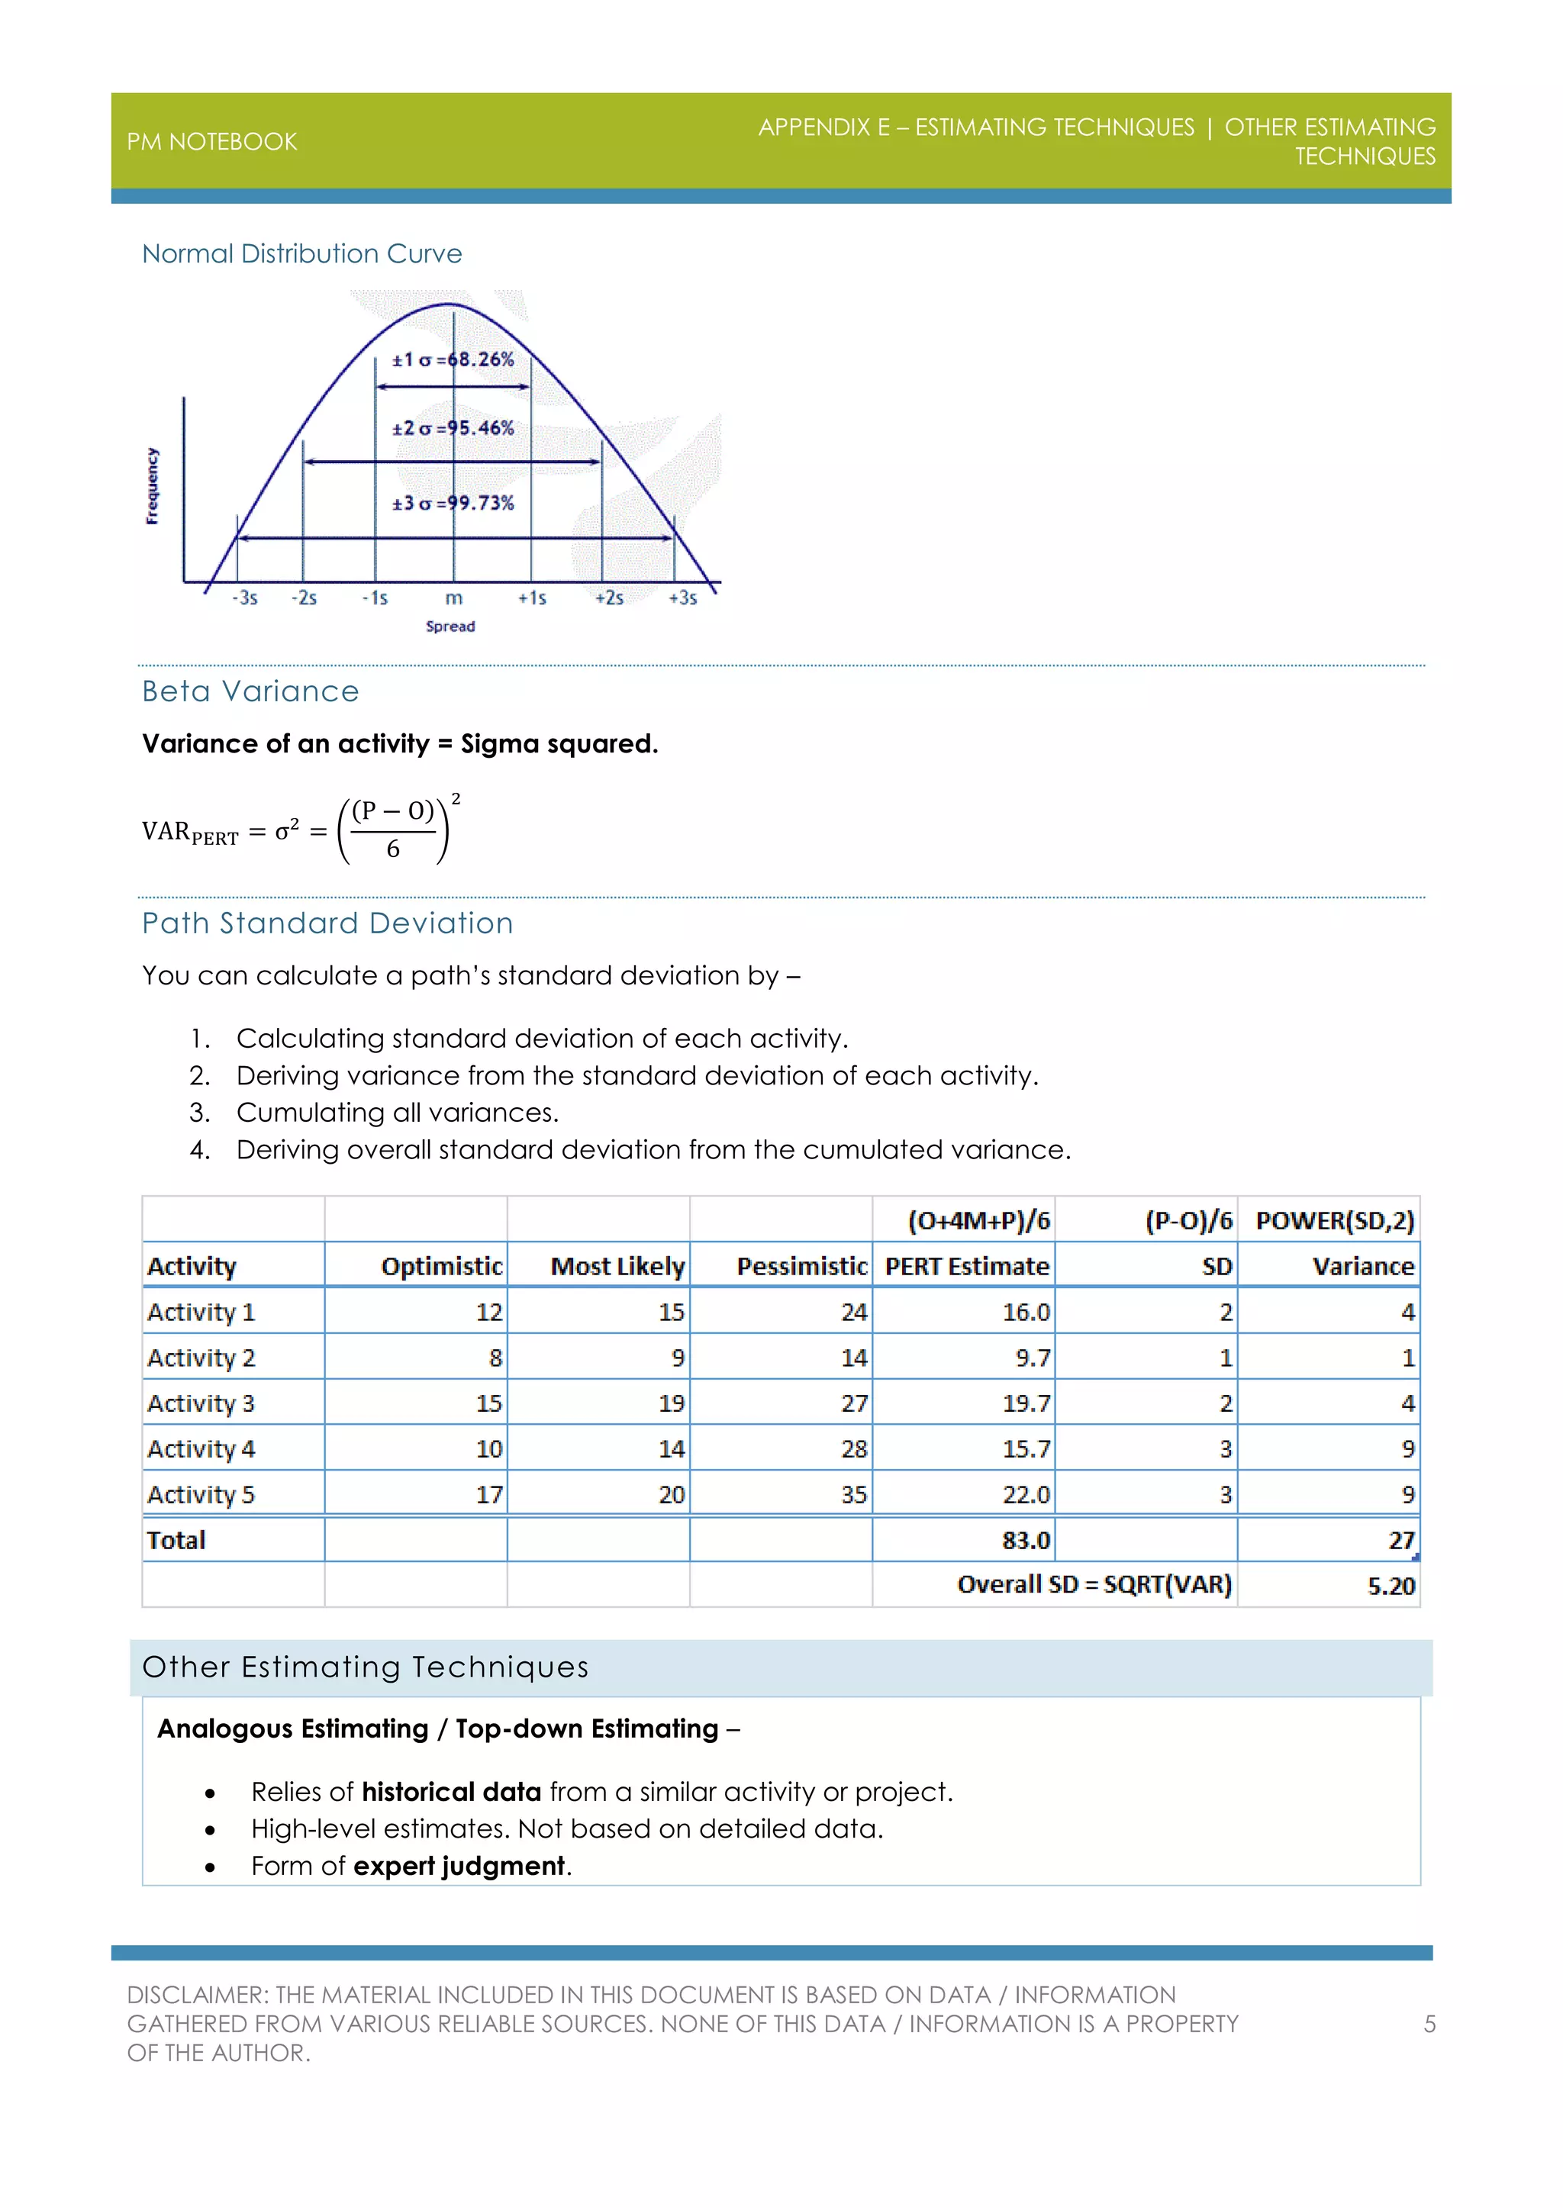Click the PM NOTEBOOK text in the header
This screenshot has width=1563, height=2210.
(211, 141)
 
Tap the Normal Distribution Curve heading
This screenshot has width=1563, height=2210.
(301, 253)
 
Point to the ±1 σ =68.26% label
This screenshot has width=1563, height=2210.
(453, 360)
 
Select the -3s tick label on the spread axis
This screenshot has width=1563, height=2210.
(244, 598)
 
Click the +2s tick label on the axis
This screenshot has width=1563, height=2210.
(608, 598)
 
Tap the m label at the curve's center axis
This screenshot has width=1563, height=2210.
(453, 598)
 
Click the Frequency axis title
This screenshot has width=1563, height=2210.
(152, 486)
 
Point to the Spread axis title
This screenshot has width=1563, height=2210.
(450, 627)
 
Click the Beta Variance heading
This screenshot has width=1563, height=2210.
(250, 691)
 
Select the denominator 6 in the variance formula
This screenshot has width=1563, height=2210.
(393, 849)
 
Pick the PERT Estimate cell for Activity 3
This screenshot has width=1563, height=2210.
(1026, 1403)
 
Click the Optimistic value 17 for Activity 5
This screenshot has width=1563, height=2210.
(489, 1495)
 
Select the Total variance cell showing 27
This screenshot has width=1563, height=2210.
(1400, 1540)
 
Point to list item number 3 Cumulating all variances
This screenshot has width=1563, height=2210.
(397, 1113)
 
